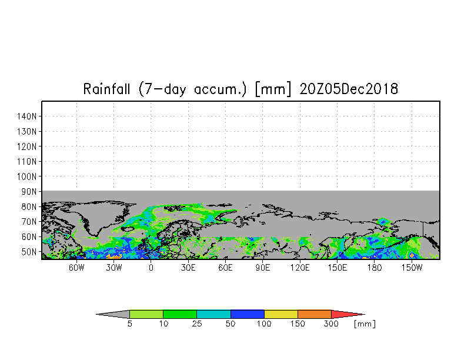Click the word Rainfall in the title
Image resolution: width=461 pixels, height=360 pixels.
106,89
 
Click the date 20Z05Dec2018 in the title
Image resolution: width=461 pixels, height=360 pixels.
349,89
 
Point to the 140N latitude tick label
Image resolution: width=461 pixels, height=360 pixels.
27,116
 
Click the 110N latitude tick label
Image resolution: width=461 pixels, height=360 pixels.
27,161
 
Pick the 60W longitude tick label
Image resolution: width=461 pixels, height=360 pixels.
76,268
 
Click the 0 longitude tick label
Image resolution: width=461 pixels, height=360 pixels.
151,268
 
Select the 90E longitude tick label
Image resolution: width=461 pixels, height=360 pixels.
262,268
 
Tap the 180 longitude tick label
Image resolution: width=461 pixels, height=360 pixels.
374,268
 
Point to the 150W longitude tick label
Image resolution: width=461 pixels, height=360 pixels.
412,268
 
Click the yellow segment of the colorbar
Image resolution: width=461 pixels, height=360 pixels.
281,314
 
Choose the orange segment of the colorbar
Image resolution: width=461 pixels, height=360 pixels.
314,314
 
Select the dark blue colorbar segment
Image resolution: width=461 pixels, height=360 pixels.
247,314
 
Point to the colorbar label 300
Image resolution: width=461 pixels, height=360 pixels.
331,324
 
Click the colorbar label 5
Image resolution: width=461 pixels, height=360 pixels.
129,324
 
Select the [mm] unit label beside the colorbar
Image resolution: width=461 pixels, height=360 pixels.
365,324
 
